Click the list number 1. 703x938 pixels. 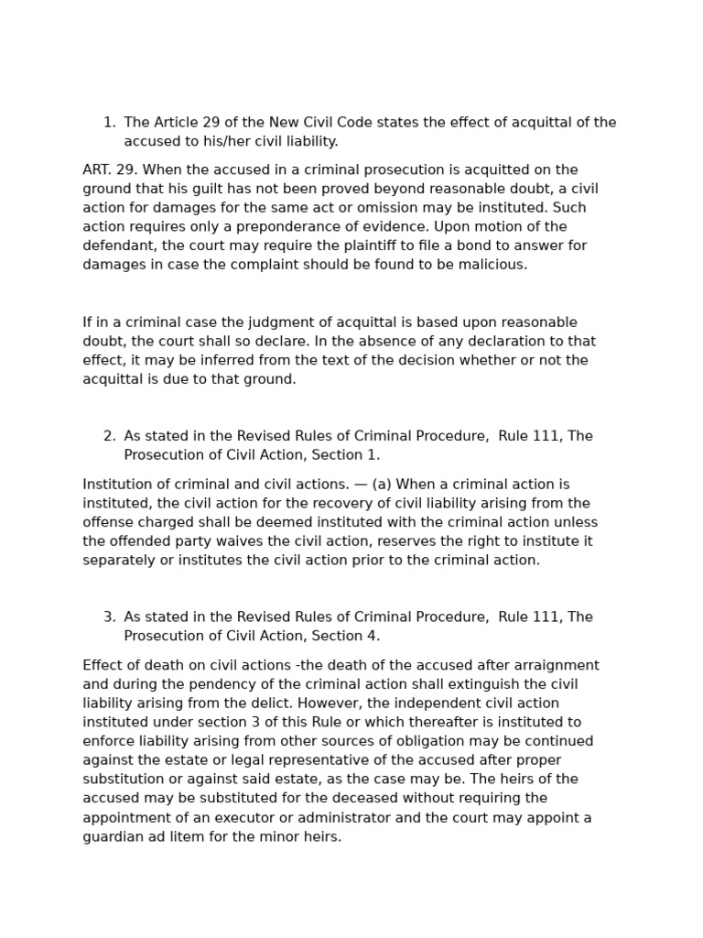coord(109,123)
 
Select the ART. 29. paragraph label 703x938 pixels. coord(110,170)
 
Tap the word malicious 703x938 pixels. coord(494,266)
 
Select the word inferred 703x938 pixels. coord(215,361)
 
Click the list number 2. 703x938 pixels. coord(109,437)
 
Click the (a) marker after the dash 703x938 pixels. coord(382,485)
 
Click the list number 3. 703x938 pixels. coord(109,617)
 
